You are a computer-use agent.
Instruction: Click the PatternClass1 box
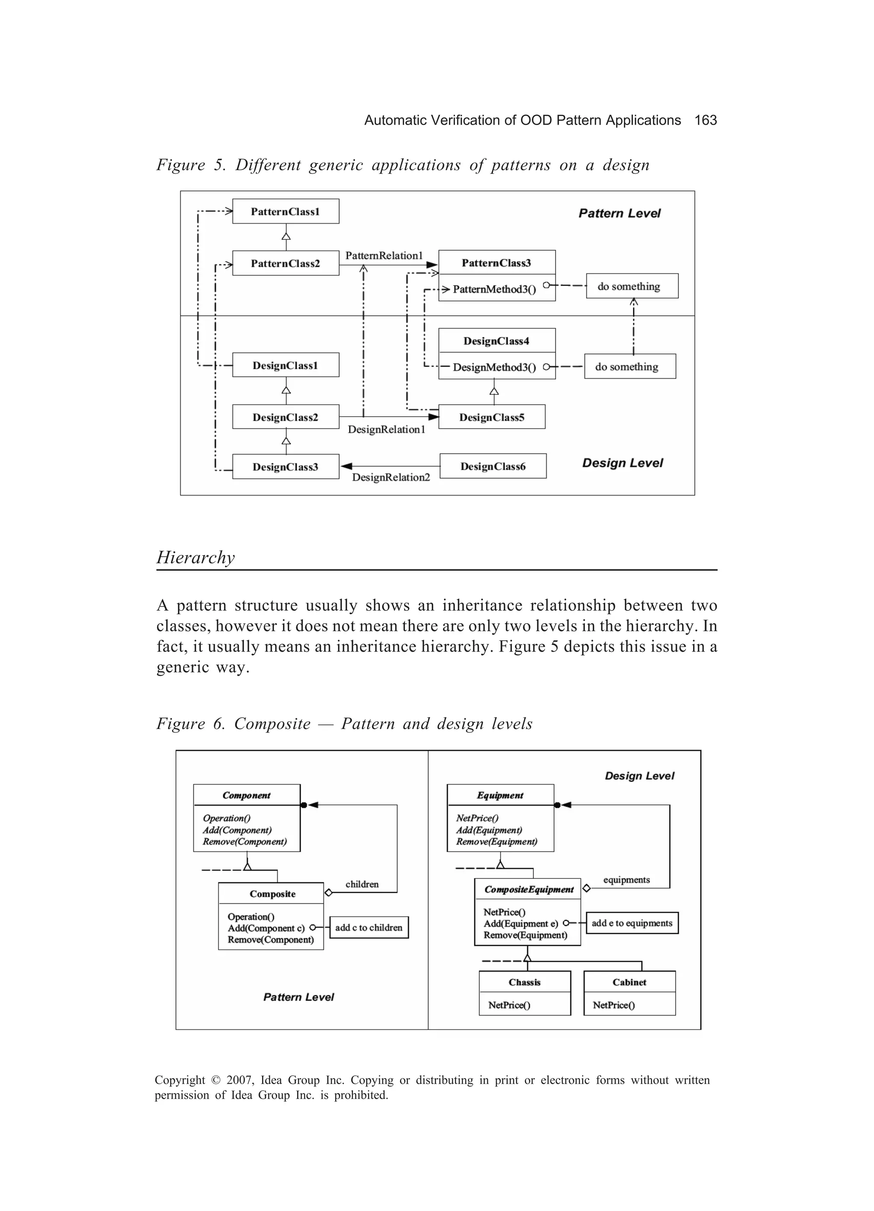(x=286, y=211)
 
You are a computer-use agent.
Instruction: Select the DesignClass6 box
(x=493, y=466)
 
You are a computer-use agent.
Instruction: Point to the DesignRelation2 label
(x=391, y=477)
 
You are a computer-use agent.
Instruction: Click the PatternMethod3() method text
(x=494, y=289)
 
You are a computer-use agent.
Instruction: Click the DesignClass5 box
(x=492, y=417)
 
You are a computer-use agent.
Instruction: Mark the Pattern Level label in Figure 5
(x=619, y=213)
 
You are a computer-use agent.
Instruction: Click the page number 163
(x=705, y=121)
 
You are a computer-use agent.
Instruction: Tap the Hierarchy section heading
(x=195, y=557)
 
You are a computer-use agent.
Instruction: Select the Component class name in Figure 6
(x=247, y=795)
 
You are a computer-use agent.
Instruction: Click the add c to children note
(x=369, y=928)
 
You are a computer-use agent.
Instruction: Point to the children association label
(x=362, y=884)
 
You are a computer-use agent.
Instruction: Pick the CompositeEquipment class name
(x=529, y=890)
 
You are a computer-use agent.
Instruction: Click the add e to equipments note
(x=632, y=923)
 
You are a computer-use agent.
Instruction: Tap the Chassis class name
(x=524, y=983)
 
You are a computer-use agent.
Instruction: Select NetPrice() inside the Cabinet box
(x=613, y=1005)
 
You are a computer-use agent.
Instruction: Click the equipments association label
(x=626, y=880)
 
